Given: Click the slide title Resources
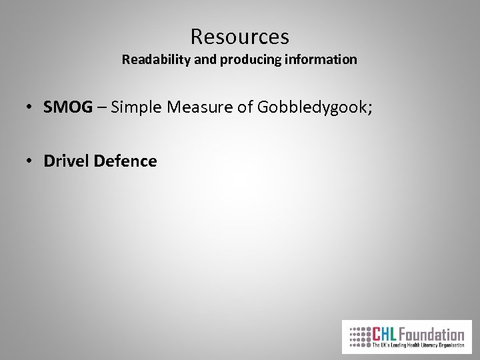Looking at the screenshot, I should pos(239,35).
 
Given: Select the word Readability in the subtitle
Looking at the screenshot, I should pos(155,59).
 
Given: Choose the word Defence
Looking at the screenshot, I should pos(127,161).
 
